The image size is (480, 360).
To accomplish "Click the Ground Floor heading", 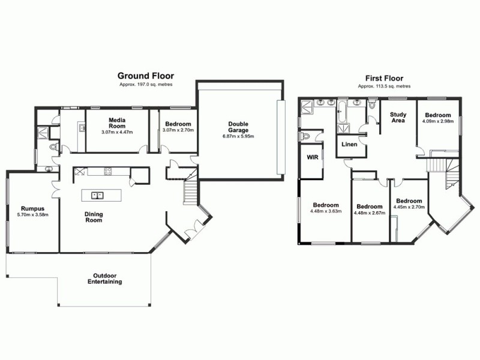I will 145,76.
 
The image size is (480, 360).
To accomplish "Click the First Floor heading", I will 384,78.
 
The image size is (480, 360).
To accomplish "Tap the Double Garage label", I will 238,128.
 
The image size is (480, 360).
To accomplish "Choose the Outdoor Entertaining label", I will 104,278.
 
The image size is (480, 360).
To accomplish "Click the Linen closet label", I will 349,145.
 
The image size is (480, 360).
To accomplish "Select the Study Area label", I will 398,118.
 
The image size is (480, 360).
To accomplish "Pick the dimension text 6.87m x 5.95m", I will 238,137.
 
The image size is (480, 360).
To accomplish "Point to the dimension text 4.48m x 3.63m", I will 326,211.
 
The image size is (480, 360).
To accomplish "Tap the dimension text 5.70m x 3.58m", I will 33,214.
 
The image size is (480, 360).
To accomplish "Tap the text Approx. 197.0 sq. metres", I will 145,85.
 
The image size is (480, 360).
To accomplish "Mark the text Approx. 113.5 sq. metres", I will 384,86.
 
